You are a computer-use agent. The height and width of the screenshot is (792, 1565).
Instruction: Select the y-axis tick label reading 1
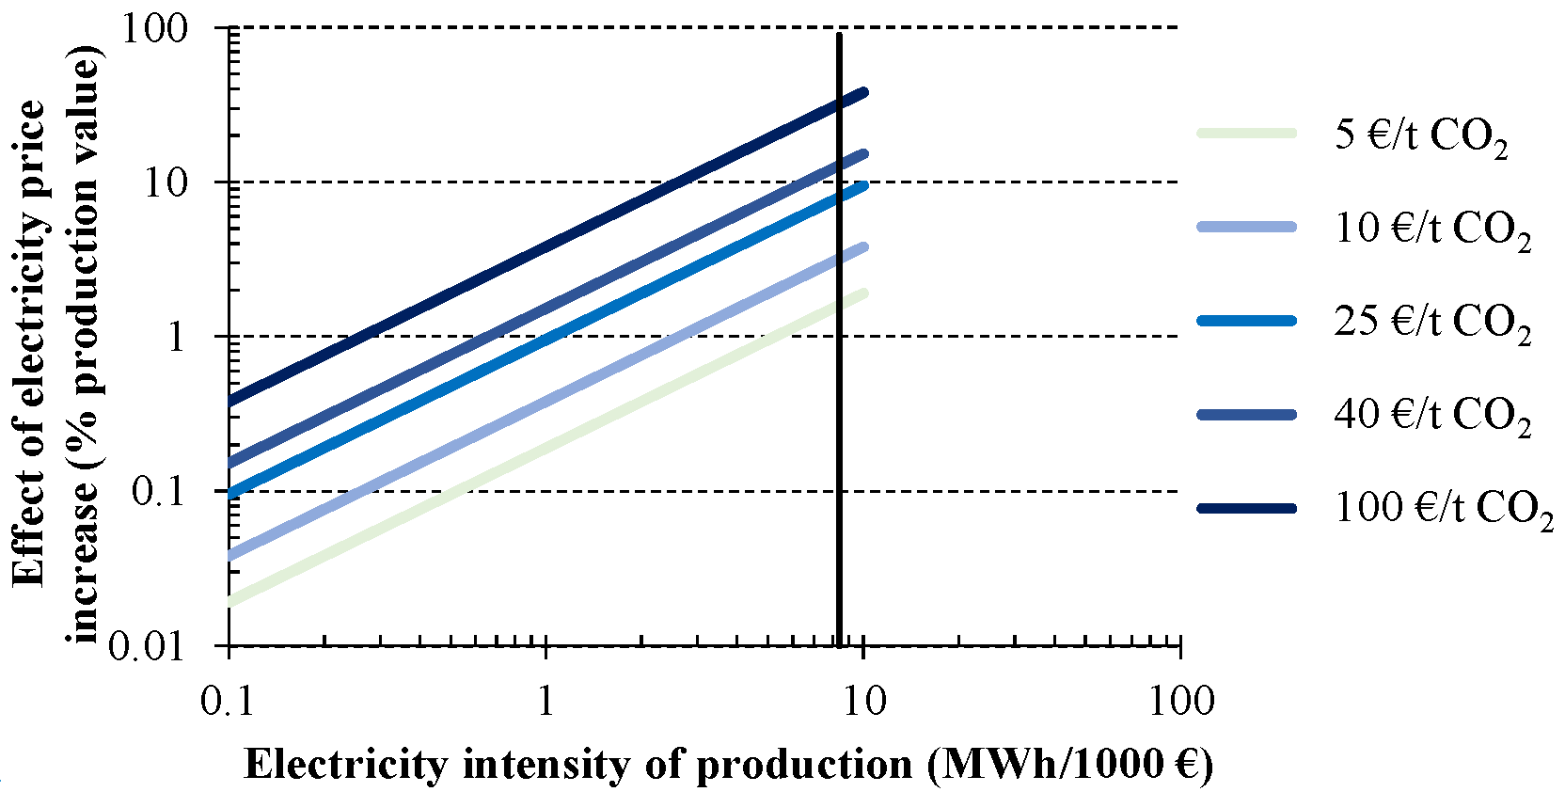point(176,337)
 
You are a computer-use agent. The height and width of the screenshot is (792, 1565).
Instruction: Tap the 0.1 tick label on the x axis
point(228,701)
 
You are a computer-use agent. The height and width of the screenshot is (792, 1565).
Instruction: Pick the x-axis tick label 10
point(862,701)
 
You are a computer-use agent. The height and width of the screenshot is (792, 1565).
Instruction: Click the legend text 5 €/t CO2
point(1420,136)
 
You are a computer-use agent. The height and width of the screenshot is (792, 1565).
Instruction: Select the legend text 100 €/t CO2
point(1444,510)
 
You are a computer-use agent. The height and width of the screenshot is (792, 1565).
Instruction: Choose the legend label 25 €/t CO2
point(1431,323)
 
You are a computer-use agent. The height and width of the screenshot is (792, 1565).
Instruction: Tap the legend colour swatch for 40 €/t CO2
point(1246,415)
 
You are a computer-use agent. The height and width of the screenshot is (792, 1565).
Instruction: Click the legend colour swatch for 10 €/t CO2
point(1246,228)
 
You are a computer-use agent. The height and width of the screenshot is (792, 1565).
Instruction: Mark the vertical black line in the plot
point(838,376)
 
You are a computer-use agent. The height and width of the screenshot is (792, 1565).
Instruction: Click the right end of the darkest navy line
point(863,92)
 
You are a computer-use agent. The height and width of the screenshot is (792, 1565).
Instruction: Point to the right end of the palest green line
point(863,293)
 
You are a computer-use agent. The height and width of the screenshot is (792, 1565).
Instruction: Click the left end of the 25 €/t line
point(231,492)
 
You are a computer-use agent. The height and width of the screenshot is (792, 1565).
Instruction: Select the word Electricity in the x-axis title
point(344,765)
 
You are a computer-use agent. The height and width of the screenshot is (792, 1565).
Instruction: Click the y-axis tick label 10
point(166,182)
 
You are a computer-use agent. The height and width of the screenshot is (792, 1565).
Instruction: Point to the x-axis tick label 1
point(545,701)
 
